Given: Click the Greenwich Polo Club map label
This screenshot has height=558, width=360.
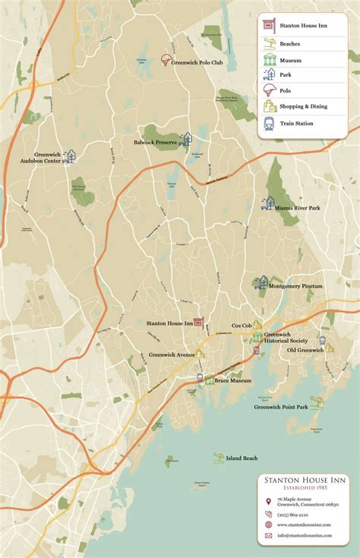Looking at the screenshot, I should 196,62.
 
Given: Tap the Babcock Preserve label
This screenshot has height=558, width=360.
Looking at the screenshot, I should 156,142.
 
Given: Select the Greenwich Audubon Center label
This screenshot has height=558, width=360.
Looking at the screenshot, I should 47,158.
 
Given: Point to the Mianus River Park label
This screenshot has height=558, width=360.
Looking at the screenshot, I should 298,207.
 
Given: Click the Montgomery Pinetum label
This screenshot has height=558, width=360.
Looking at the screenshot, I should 297,286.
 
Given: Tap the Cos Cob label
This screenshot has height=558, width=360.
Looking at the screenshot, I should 242,325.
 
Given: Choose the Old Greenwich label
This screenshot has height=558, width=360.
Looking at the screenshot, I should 305,350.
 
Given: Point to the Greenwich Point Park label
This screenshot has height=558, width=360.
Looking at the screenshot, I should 280,407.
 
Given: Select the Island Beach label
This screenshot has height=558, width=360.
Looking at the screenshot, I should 242,458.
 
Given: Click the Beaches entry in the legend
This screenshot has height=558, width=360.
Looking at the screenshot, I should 290,44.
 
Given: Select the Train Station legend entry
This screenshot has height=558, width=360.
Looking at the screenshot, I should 298,122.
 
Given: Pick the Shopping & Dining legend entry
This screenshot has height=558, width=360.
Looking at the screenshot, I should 303,106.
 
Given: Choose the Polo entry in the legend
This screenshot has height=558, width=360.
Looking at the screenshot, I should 286,91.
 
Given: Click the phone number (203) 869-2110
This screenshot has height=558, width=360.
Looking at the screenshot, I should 292,514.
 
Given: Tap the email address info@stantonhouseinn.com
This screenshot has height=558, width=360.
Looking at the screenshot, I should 304,535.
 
